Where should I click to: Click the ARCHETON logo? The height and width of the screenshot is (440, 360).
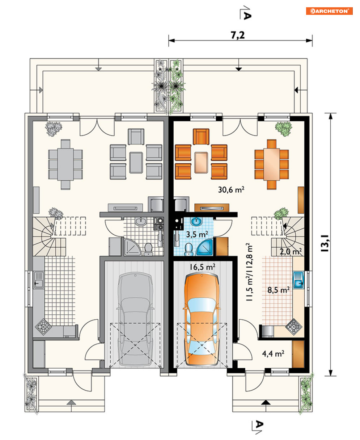[x=329, y=11]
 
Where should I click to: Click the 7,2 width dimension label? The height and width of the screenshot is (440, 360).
[x=238, y=35]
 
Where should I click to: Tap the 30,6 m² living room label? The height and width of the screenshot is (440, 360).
[x=231, y=189]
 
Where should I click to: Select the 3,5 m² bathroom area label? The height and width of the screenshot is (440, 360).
[x=197, y=234]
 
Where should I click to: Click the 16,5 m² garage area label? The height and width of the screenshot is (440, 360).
[x=202, y=267]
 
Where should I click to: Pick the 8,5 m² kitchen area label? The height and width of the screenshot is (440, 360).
[x=279, y=290]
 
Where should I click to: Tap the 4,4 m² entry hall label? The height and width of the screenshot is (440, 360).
[x=273, y=353]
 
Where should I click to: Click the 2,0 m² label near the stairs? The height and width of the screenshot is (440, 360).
[x=291, y=251]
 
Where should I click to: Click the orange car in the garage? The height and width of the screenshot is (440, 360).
[x=202, y=320]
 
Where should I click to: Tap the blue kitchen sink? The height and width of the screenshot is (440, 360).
[x=298, y=280]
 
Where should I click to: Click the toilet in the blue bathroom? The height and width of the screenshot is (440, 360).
[x=189, y=249]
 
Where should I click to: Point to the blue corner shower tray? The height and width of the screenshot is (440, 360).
[x=204, y=247]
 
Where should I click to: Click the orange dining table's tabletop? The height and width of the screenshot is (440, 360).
[x=272, y=164]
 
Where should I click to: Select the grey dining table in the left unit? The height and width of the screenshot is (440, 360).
[x=65, y=164]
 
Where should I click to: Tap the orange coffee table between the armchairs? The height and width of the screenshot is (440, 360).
[x=201, y=163]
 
